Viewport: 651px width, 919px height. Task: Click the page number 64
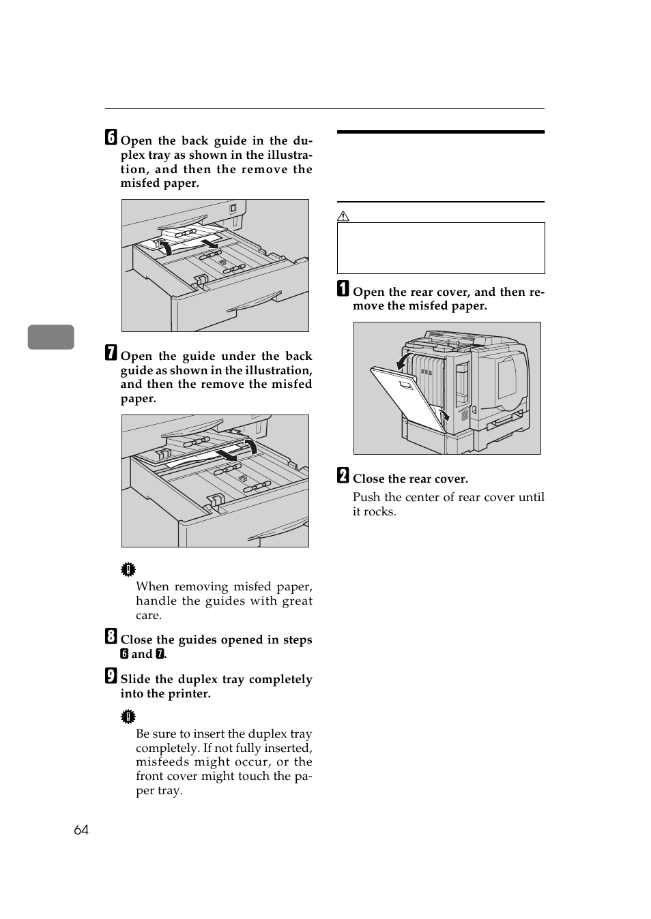(x=81, y=830)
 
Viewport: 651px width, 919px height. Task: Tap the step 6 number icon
(x=111, y=138)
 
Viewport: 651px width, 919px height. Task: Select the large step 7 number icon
(x=111, y=353)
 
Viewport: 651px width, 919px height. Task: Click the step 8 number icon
(x=111, y=637)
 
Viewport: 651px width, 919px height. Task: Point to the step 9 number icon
(x=111, y=676)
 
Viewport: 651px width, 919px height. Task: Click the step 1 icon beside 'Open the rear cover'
(x=343, y=289)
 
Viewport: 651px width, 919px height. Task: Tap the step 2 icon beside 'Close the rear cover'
(x=343, y=476)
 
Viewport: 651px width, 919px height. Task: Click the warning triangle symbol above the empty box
(x=343, y=216)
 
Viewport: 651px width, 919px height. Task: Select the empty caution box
(x=441, y=248)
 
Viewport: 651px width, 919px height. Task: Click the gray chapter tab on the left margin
(x=51, y=337)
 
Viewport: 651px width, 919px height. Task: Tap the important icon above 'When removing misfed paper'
(x=128, y=570)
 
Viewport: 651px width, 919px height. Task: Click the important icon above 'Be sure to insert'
(x=128, y=717)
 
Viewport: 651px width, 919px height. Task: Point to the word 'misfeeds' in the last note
(x=161, y=762)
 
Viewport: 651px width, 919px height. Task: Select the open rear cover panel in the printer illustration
(x=405, y=398)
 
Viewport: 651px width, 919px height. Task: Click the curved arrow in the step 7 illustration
(x=251, y=446)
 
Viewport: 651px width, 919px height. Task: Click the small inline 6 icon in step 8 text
(x=124, y=654)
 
